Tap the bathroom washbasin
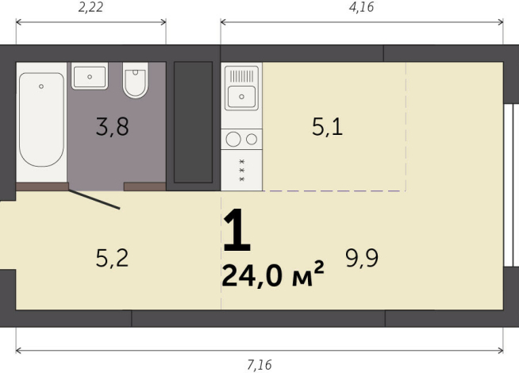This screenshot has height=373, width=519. [x=90, y=77]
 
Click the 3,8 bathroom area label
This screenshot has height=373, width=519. [x=112, y=127]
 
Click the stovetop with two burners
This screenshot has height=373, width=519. [x=242, y=140]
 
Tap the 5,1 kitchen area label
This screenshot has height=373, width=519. [x=327, y=127]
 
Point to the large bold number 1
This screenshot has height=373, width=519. [x=237, y=232]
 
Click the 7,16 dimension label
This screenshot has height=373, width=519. [x=259, y=364]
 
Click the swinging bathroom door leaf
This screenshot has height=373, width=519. [x=94, y=198]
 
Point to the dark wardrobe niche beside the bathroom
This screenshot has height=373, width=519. [x=193, y=122]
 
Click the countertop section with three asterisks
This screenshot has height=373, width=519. [x=242, y=171]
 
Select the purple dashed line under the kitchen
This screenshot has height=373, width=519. [x=333, y=190]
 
